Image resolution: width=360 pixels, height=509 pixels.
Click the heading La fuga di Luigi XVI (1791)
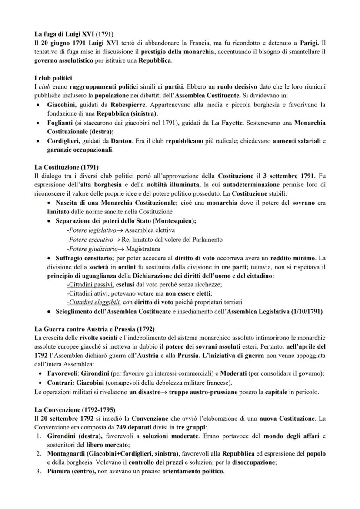point(74,33)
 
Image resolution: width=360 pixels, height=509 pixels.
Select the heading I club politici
point(54,78)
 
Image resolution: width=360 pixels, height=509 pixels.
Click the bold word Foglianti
point(61,123)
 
